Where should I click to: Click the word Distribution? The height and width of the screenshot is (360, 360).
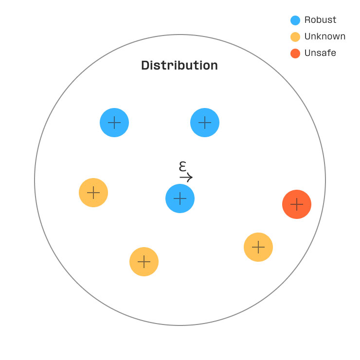(x=180, y=65)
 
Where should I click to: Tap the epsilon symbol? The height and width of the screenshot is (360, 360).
(x=183, y=166)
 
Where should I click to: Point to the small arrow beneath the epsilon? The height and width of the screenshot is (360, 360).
(x=186, y=177)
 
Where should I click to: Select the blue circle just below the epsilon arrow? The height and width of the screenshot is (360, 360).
(x=180, y=198)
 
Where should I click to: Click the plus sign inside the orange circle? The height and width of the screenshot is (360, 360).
(x=297, y=204)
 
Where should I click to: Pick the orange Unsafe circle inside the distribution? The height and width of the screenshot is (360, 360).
(x=297, y=204)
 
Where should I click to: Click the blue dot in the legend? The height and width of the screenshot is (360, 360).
(x=295, y=20)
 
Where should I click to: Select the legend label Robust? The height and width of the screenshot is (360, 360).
(x=320, y=20)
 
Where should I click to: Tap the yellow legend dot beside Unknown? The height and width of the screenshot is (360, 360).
(x=295, y=37)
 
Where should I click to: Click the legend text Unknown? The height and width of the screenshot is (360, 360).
(x=324, y=36)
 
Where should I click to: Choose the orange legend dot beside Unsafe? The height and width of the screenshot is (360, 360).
(x=295, y=54)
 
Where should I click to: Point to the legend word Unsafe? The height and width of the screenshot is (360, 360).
(x=320, y=53)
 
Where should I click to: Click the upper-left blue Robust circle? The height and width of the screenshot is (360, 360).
(x=114, y=123)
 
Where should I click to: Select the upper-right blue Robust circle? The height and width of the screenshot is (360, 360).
(x=205, y=123)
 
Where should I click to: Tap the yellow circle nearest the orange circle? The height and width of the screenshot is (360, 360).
(x=258, y=247)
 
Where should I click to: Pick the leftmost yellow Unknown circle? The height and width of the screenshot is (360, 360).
(x=93, y=193)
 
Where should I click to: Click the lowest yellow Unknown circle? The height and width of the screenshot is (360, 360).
(x=144, y=262)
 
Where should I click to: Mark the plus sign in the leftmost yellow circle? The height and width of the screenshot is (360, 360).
(x=93, y=193)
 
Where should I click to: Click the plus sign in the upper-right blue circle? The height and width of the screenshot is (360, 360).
(x=205, y=123)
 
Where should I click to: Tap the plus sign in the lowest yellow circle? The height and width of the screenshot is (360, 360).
(x=144, y=262)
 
